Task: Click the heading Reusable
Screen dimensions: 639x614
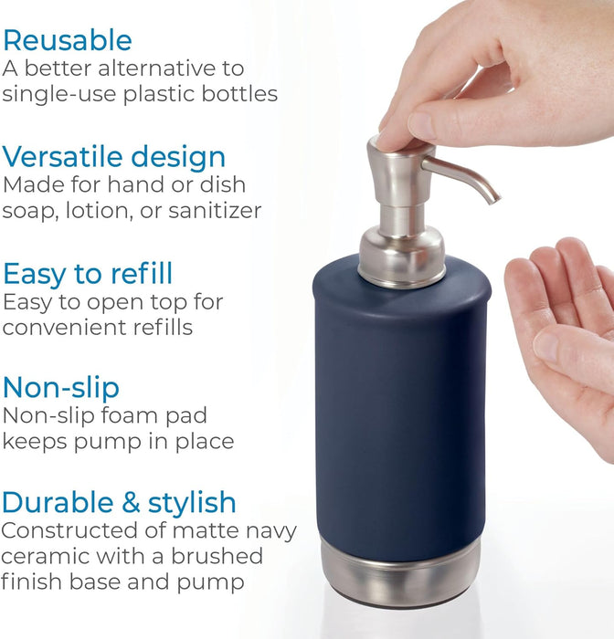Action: coord(67,40)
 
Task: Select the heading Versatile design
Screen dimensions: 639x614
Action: coord(114,156)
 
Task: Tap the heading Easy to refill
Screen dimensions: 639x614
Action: coord(88,273)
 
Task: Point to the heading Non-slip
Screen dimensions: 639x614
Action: coord(60,388)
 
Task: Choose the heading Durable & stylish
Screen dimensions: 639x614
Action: coord(119,503)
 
